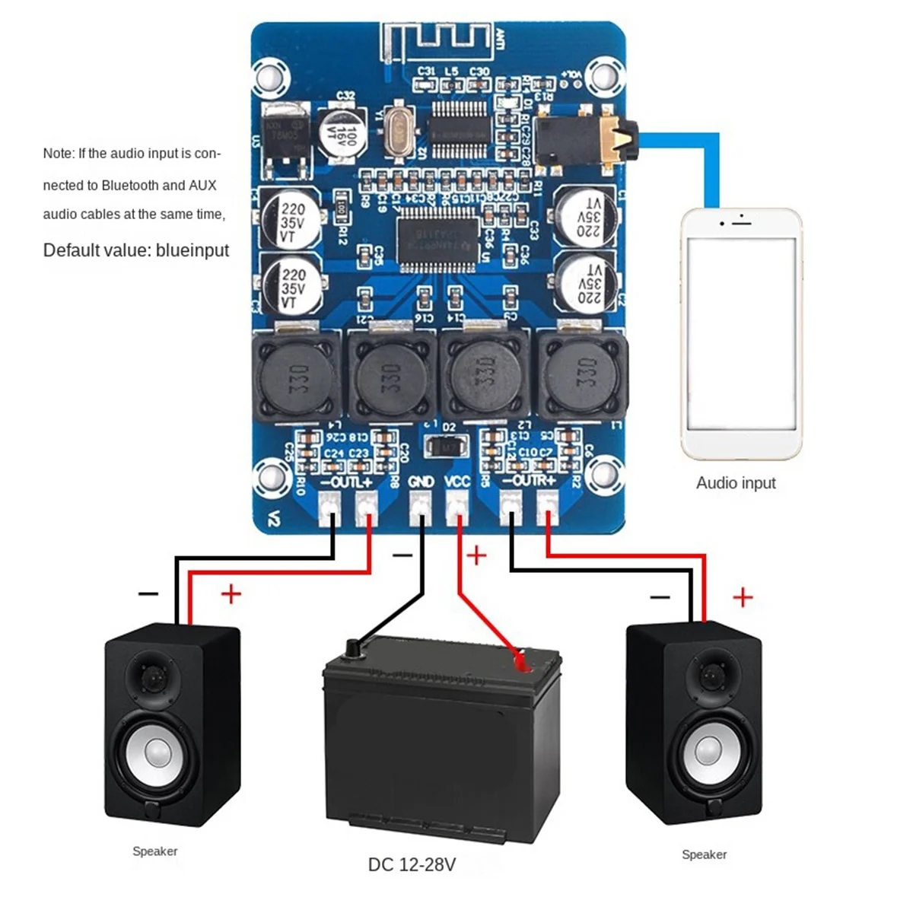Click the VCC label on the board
(456, 481)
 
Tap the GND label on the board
(421, 481)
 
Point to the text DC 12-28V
(412, 864)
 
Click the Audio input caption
(736, 483)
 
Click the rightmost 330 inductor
(584, 375)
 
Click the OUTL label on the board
(347, 481)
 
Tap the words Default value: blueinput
(136, 250)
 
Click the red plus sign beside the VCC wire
(476, 555)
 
